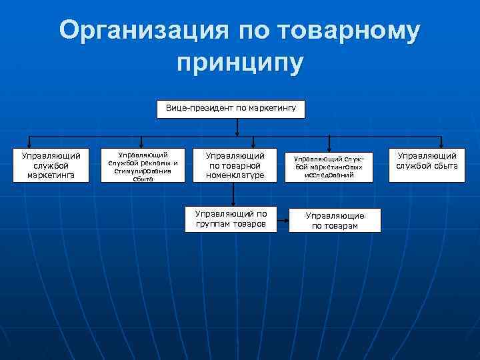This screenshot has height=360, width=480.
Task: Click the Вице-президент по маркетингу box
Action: [x=231, y=109]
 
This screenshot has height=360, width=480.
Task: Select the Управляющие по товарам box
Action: [x=335, y=221]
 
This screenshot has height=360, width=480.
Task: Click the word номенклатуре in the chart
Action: [x=235, y=175]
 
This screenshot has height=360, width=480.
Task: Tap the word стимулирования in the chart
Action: [x=143, y=170]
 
